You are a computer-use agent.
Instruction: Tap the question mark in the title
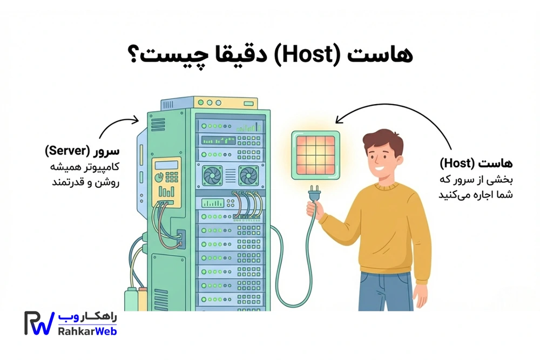134,55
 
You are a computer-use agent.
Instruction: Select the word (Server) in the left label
67,151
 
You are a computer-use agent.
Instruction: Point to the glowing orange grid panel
315,155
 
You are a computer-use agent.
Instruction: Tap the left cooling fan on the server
212,175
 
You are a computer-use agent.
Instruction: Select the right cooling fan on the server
248,175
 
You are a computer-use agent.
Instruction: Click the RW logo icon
39,323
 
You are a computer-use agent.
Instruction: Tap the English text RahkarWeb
87,331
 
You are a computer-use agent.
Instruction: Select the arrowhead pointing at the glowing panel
340,119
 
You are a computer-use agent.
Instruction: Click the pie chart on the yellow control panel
159,178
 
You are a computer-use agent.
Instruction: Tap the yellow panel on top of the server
226,103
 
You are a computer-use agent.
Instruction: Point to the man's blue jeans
386,291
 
